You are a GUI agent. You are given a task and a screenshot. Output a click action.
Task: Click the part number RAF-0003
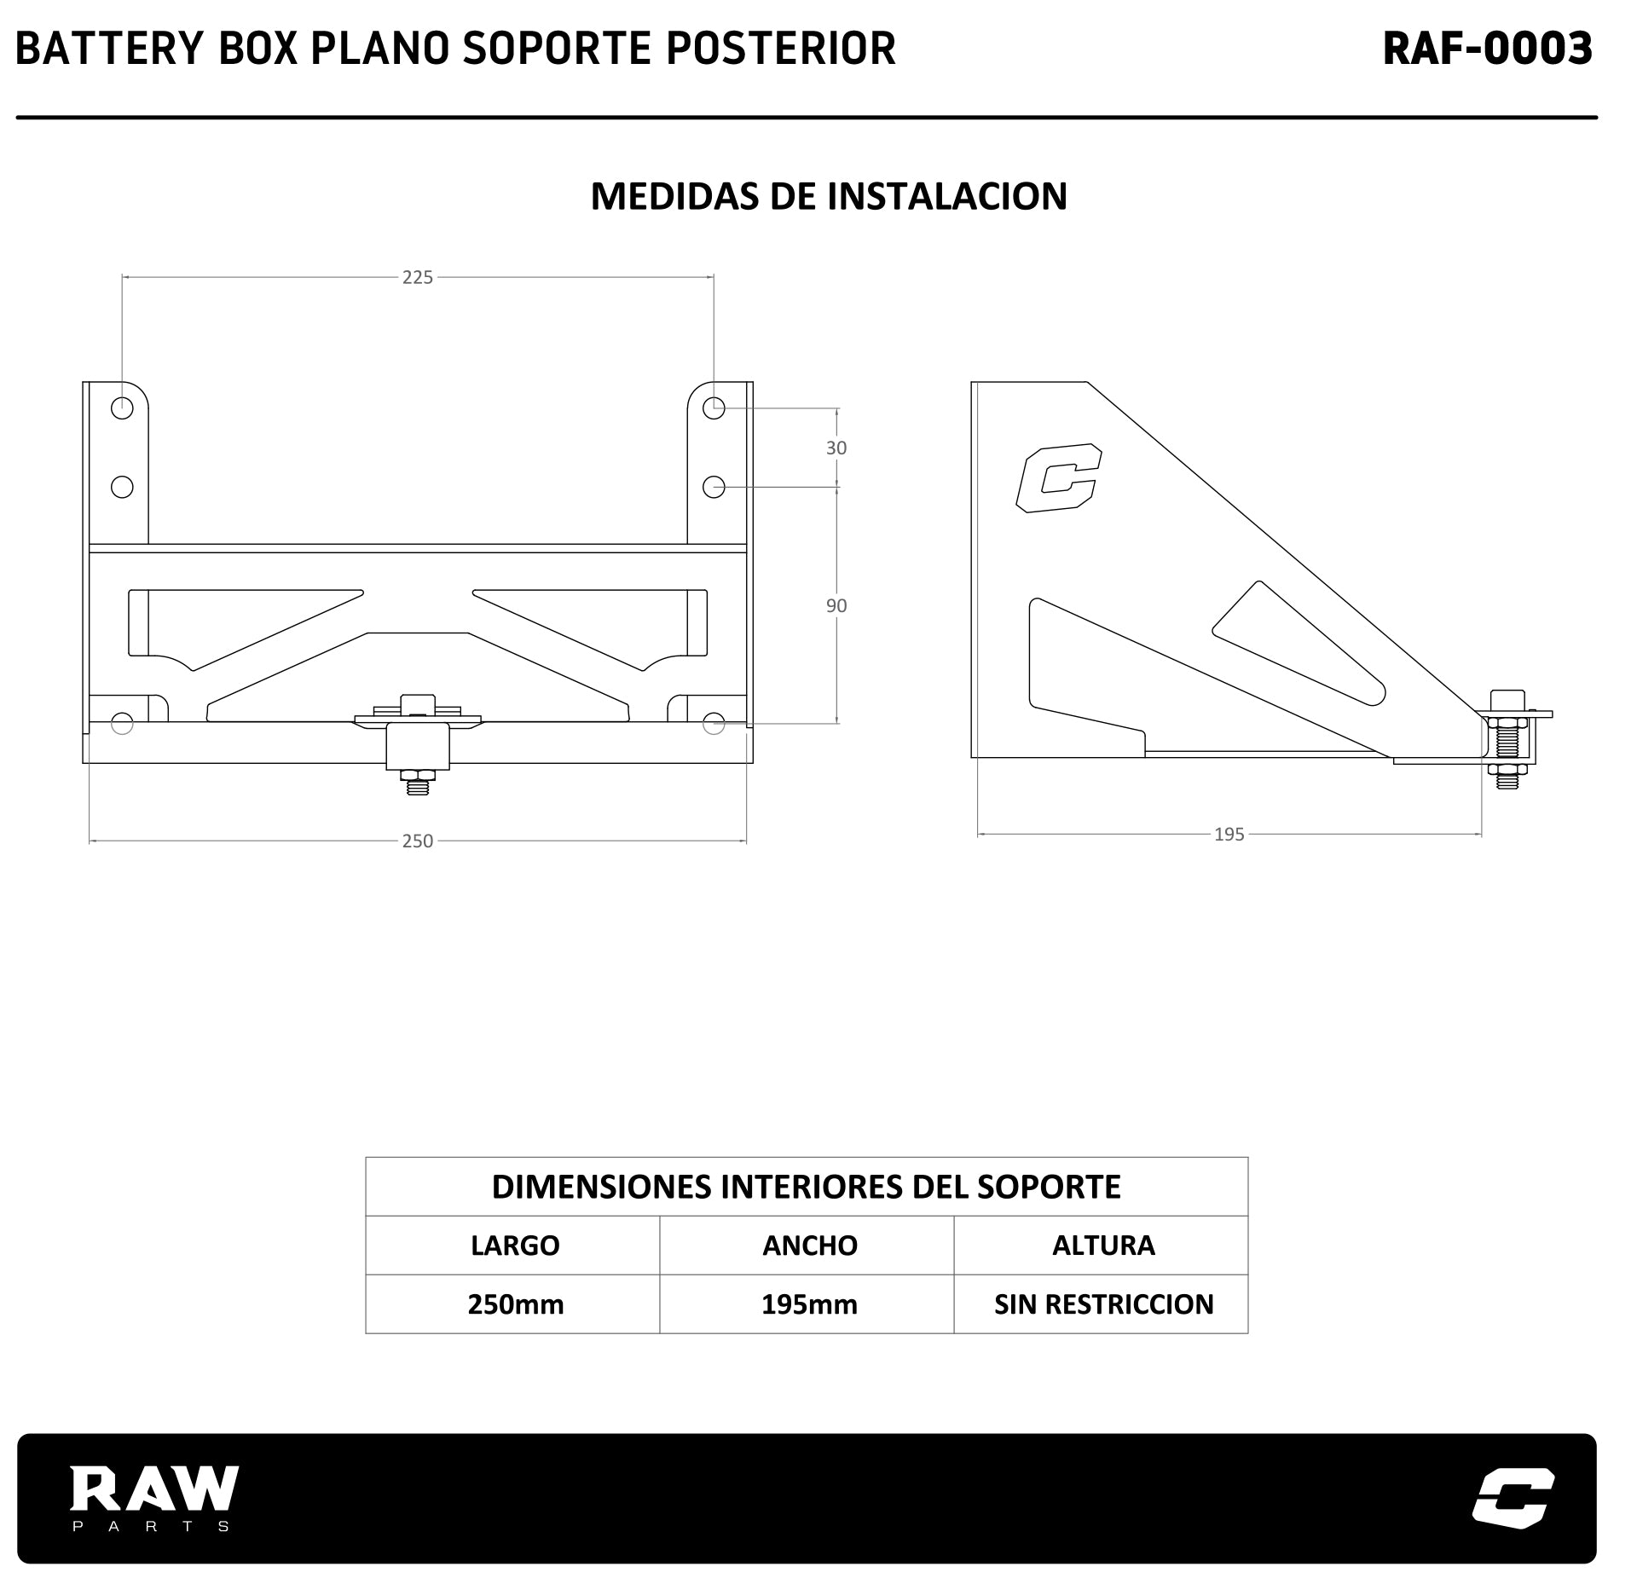(x=1487, y=49)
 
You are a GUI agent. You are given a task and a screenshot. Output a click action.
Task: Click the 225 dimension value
(x=418, y=277)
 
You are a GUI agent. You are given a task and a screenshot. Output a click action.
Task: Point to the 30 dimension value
(x=836, y=448)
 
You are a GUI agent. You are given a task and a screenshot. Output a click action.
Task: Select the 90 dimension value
(x=836, y=605)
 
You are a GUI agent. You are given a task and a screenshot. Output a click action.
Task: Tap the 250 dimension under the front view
(x=418, y=841)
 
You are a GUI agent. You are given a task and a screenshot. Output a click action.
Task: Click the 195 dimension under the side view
(x=1229, y=834)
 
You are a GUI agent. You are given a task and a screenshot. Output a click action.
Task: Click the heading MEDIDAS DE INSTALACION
(x=828, y=196)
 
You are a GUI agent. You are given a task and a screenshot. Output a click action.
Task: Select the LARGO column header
(x=515, y=1246)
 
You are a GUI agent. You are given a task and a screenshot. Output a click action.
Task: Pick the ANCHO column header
(x=809, y=1246)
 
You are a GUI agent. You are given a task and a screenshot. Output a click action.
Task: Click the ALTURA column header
(x=1103, y=1246)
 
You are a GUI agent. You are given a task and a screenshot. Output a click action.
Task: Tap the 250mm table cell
(x=515, y=1304)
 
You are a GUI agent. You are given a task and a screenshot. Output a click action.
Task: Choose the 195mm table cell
(x=809, y=1304)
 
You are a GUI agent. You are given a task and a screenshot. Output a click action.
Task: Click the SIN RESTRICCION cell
(x=1103, y=1304)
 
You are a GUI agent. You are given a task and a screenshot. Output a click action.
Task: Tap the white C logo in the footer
(x=1513, y=1496)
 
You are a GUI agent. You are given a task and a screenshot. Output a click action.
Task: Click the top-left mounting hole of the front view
(x=122, y=408)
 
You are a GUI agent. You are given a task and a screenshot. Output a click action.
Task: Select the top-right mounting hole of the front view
(x=714, y=408)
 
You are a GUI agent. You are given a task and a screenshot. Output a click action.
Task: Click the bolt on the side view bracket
(x=1507, y=738)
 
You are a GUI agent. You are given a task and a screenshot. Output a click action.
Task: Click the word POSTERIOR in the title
(x=780, y=49)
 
